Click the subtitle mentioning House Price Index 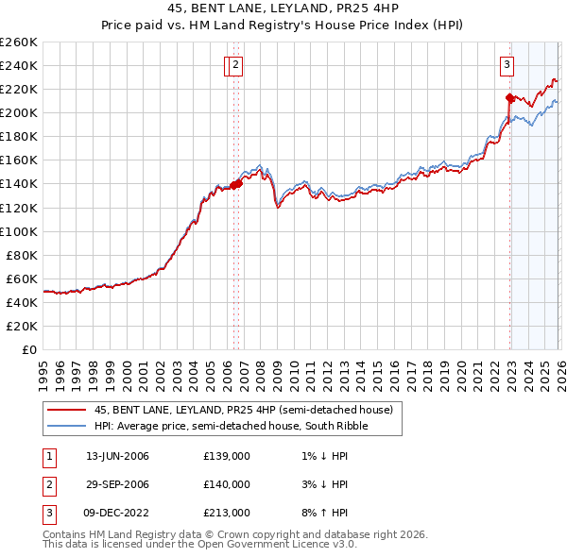[x=283, y=26]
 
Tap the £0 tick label [x=28, y=349]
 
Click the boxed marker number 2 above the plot [x=234, y=65]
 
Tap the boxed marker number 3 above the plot [x=507, y=65]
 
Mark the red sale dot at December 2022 [x=509, y=97]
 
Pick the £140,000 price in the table [x=226, y=484]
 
